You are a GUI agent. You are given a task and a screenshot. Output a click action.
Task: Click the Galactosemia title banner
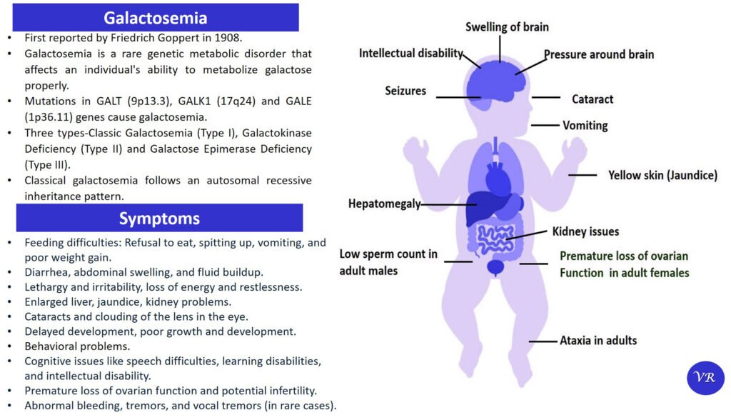point(155,17)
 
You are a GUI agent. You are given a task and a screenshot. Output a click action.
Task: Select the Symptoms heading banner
point(159,218)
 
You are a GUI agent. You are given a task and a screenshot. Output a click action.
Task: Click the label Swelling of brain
point(508,27)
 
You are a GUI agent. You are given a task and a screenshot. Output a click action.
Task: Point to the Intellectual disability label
point(410,53)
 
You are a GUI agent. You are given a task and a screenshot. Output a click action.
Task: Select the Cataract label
point(593,99)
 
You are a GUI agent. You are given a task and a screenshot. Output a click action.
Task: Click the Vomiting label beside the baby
point(585,126)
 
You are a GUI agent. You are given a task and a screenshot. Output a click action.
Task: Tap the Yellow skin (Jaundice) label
point(662,175)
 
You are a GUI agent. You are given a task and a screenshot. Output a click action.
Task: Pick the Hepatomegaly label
point(384,204)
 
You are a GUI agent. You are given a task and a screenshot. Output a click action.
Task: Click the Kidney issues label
point(585,231)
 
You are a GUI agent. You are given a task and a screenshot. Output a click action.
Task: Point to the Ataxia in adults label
point(598,340)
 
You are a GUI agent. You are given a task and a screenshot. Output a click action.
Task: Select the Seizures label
point(405,91)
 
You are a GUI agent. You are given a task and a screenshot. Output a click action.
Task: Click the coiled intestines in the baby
point(495,240)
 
